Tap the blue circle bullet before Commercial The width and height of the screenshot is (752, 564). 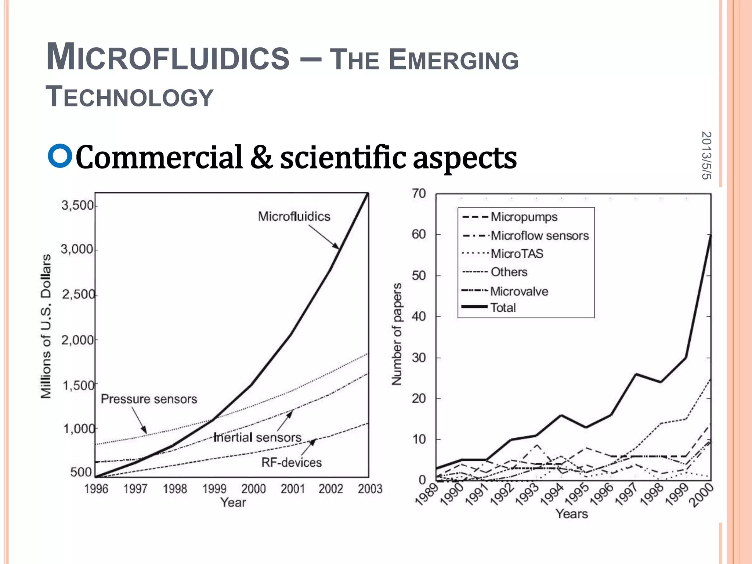tap(60, 156)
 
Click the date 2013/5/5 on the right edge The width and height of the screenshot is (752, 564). tap(706, 155)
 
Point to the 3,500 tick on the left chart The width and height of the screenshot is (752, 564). tap(78, 205)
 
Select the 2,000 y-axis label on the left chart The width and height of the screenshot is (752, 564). tap(78, 340)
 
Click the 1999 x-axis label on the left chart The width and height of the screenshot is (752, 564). tap(214, 489)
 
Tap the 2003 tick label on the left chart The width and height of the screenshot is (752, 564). tap(370, 489)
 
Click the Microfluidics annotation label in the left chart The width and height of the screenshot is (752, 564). tap(294, 216)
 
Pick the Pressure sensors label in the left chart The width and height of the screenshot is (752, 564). tap(149, 399)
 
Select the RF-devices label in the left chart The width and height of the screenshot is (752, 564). tap(291, 462)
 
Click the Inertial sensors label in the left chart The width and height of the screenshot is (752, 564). tap(257, 437)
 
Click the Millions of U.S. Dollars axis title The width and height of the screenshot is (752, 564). tap(46, 326)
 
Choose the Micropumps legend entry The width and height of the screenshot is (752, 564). tap(524, 217)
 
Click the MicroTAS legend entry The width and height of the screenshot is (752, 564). tap(517, 254)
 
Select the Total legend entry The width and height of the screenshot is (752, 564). tap(503, 307)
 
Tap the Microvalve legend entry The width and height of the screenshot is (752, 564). tap(519, 291)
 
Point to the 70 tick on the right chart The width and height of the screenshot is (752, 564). tap(419, 193)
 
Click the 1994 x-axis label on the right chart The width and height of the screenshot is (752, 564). tap(552, 495)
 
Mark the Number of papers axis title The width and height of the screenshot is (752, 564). tap(397, 334)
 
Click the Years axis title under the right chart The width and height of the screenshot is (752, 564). tap(571, 514)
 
